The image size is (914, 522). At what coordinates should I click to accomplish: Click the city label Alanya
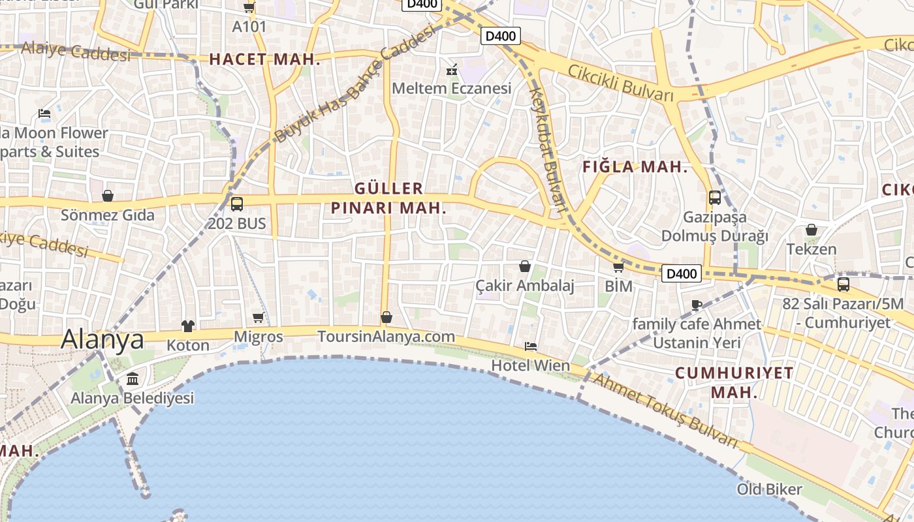(x=102, y=339)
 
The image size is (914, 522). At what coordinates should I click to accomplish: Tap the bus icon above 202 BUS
(x=236, y=204)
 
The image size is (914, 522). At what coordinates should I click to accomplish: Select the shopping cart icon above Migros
(x=258, y=318)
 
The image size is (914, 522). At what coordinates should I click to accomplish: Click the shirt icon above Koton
(x=188, y=326)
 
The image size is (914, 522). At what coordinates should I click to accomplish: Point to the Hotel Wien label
(x=530, y=365)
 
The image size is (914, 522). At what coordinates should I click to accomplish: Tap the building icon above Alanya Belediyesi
(x=133, y=378)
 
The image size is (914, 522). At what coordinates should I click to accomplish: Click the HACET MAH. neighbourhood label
(x=264, y=59)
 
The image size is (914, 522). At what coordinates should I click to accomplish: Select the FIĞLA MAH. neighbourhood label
(x=635, y=167)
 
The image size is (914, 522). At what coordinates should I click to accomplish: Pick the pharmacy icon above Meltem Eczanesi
(x=451, y=69)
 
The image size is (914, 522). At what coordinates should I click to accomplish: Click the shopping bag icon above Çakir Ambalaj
(x=524, y=266)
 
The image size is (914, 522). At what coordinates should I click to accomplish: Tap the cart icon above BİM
(x=618, y=267)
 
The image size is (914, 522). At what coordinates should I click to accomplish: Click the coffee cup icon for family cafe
(x=697, y=305)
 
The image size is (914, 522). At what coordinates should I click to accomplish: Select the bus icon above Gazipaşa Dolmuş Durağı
(x=715, y=197)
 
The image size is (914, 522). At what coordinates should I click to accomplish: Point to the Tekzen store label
(x=811, y=249)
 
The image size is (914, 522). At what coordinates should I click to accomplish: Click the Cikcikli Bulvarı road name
(x=620, y=82)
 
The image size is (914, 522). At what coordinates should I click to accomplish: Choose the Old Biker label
(x=769, y=489)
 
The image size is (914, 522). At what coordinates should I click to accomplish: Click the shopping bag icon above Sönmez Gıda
(x=108, y=196)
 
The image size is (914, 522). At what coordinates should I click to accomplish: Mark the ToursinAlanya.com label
(x=386, y=337)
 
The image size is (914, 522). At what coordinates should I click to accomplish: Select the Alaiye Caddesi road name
(x=76, y=51)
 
